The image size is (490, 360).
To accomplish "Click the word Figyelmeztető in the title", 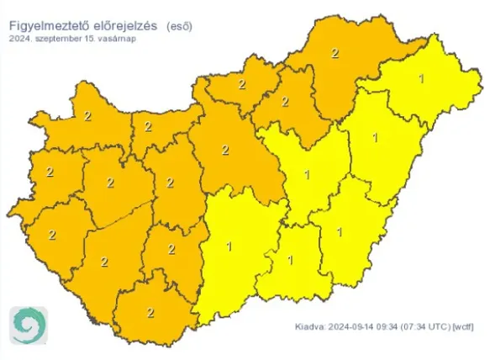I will click(x=50, y=25).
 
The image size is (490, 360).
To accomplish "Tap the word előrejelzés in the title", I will click(x=127, y=25).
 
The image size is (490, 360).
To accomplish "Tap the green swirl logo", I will click(x=29, y=325).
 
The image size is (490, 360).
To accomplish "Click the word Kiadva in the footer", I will click(x=313, y=327).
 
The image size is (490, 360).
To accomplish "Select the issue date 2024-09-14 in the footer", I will click(x=356, y=327).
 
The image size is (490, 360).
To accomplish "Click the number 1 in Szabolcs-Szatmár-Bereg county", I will click(x=420, y=79).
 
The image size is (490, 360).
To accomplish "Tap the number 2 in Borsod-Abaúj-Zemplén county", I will click(x=335, y=53).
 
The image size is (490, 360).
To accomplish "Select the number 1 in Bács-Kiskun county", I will click(x=229, y=246).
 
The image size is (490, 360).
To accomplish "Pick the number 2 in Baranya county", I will click(x=150, y=312).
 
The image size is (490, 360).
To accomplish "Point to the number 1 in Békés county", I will click(x=340, y=230).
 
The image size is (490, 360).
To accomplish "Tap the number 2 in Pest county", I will click(x=225, y=151).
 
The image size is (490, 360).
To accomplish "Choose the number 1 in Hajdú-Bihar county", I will click(x=375, y=137).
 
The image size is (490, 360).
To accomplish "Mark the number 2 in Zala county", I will click(x=52, y=235).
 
